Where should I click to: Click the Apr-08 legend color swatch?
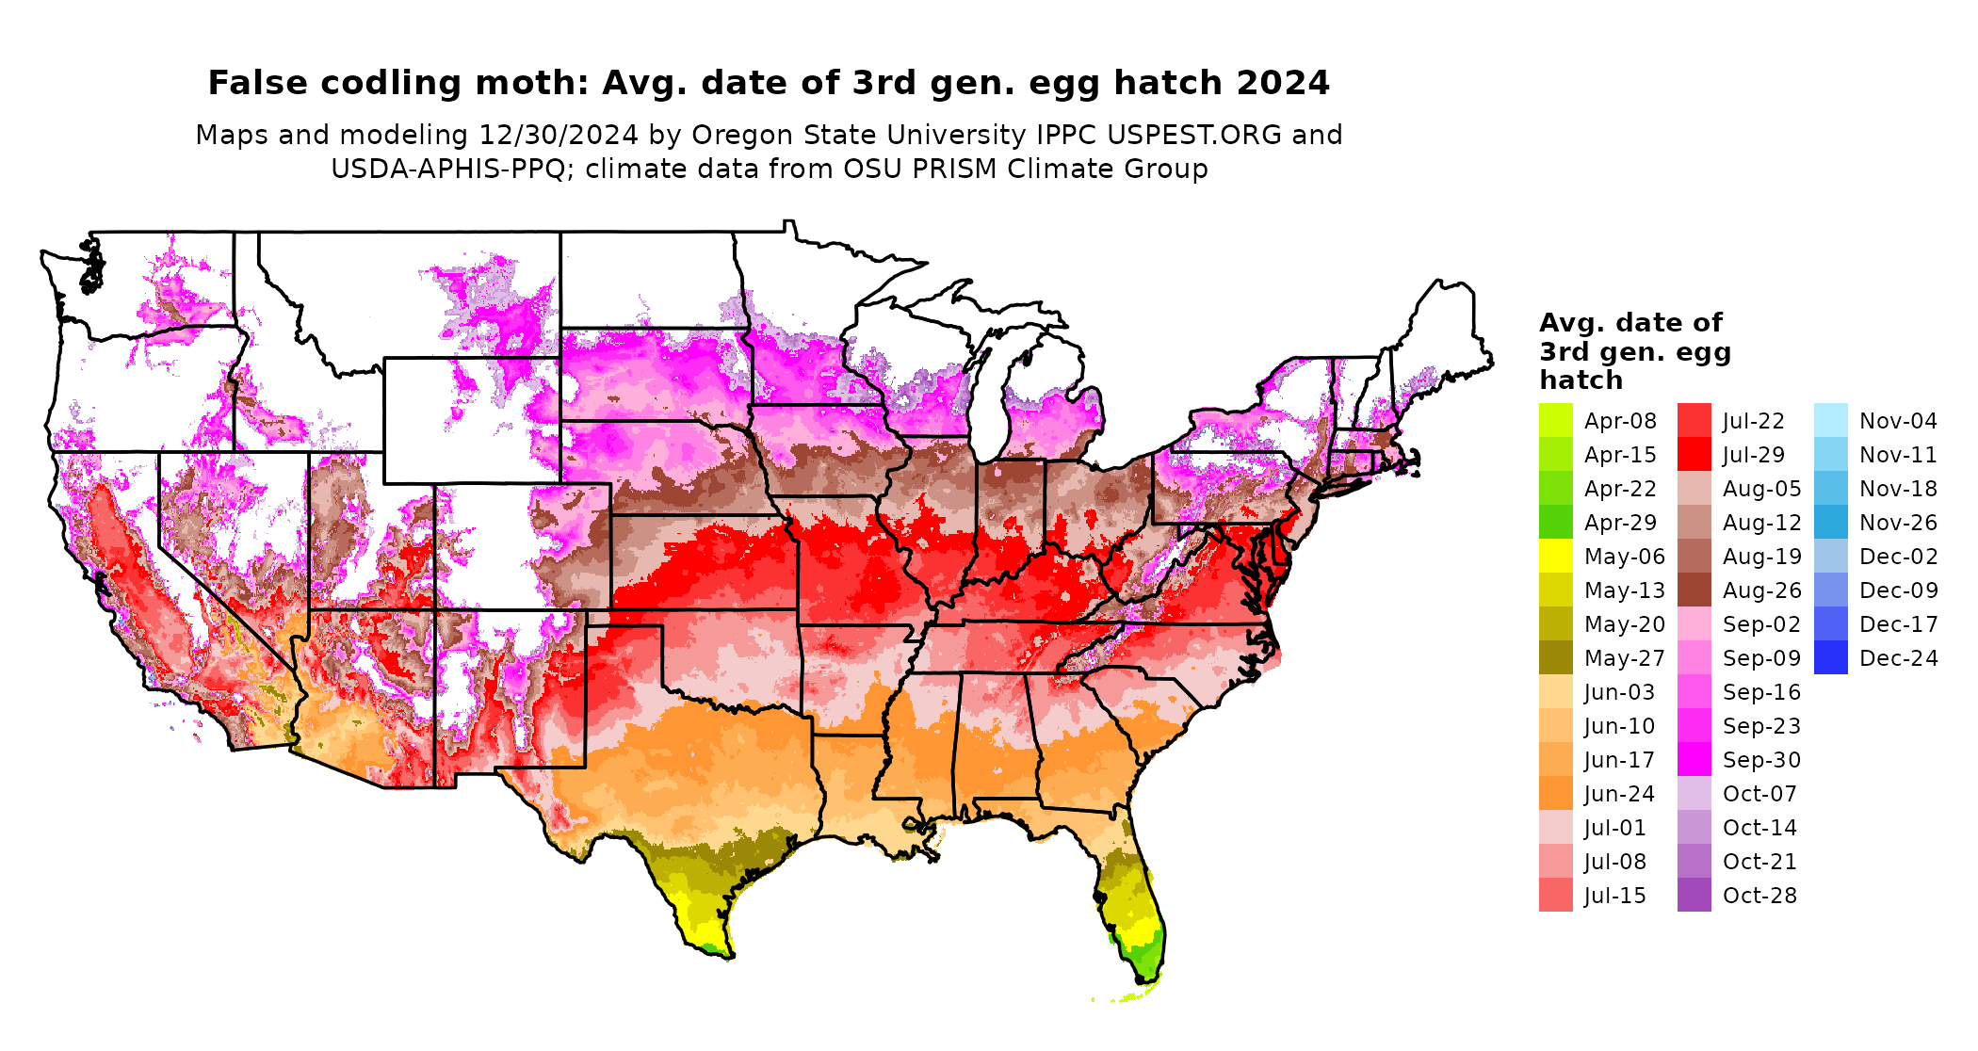(x=1555, y=420)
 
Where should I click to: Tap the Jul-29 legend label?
(x=1754, y=455)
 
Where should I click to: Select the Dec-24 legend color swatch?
(x=1830, y=657)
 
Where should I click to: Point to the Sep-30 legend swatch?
(x=1694, y=759)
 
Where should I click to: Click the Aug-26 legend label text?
(x=1761, y=590)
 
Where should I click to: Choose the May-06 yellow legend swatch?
(x=1555, y=556)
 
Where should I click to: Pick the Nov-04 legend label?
(x=1898, y=421)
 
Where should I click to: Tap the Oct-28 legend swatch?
(x=1694, y=895)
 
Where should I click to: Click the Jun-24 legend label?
(x=1619, y=794)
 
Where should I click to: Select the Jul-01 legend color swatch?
(x=1555, y=827)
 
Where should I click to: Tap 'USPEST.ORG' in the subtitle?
(x=1194, y=135)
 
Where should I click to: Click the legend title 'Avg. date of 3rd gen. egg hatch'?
(x=1634, y=351)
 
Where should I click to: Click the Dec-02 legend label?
(x=1898, y=557)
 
